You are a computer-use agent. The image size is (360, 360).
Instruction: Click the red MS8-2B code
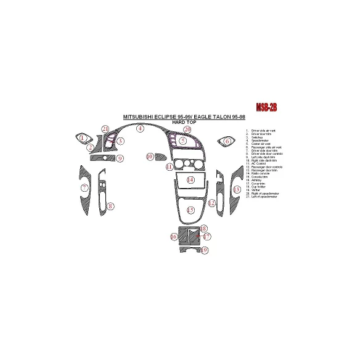[x=266, y=107]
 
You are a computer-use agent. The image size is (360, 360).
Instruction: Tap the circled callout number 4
[x=140, y=129]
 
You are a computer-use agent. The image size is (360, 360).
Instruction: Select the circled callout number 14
[x=191, y=180]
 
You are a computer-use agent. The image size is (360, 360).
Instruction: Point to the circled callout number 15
[x=191, y=211]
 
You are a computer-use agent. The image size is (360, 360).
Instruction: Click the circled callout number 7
[x=84, y=187]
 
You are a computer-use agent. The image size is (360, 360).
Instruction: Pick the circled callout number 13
[x=236, y=189]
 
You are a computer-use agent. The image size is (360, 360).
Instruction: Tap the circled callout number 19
[x=205, y=250]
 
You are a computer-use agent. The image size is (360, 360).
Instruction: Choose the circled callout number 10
[x=150, y=157]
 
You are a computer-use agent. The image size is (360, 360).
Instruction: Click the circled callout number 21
[x=105, y=129]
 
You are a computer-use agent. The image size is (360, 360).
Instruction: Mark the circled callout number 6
[x=227, y=141]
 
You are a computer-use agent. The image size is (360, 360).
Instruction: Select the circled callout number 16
[x=174, y=237]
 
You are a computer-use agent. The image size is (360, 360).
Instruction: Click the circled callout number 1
[x=83, y=138]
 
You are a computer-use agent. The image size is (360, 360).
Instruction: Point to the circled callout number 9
[x=121, y=158]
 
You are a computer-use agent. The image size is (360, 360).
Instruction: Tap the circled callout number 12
[x=211, y=203]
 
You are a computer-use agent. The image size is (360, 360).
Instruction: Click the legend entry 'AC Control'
[x=258, y=164]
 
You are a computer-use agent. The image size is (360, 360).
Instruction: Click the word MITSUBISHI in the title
[x=141, y=117]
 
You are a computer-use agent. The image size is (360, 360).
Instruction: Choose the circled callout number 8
[x=110, y=206]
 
